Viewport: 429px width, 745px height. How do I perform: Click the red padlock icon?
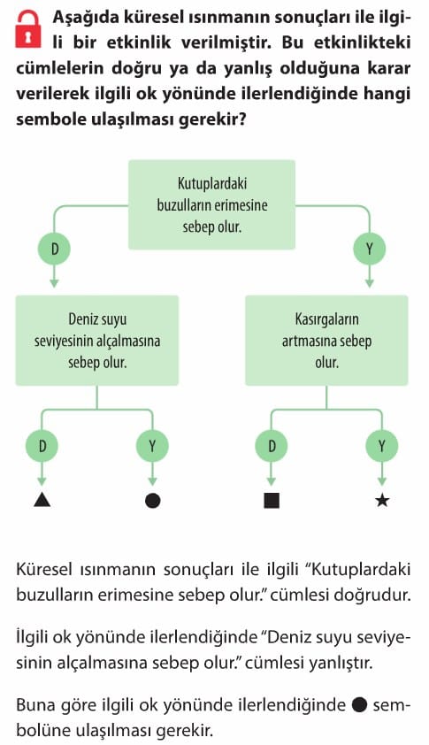pos(28,29)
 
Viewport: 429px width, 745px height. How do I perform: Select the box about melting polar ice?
pos(212,204)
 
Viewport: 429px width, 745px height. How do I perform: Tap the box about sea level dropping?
pos(97,340)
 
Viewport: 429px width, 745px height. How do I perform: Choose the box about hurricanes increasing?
pos(326,340)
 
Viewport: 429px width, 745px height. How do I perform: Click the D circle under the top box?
pos(54,249)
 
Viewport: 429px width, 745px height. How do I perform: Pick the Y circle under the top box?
pos(369,249)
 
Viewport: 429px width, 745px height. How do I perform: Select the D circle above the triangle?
pos(42,446)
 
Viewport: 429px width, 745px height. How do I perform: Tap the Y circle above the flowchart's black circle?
pos(152,446)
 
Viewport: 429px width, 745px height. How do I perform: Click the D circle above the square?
pos(272,446)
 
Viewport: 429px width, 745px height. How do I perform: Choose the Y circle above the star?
pos(381,446)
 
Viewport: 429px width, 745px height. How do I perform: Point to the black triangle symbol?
pos(42,500)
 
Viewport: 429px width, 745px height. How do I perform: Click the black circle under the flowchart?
pos(152,500)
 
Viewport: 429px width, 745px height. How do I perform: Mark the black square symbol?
pos(272,500)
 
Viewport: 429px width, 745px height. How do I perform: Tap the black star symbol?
pos(382,500)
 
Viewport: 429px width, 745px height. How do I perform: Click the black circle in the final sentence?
pos(359,705)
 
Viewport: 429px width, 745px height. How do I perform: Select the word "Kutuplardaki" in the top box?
pos(212,184)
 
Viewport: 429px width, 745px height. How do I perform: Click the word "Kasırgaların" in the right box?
pos(326,319)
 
